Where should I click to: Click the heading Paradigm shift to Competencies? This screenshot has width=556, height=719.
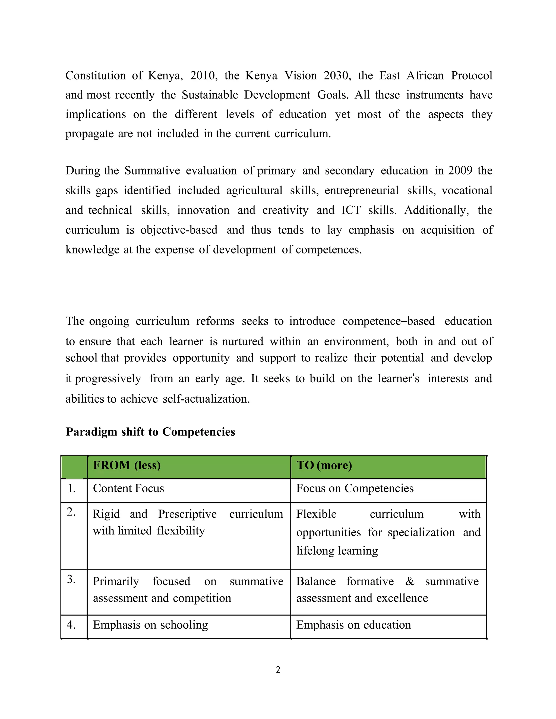point(150,432)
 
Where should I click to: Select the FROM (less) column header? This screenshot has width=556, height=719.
point(127,465)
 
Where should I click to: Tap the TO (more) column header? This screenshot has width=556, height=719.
point(324,465)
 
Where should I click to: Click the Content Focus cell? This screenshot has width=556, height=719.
point(128,488)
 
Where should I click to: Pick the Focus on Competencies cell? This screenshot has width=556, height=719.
point(355,488)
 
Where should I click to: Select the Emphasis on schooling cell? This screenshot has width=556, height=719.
point(150,625)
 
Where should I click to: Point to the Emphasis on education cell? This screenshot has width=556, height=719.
point(353,625)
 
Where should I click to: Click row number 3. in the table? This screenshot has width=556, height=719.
point(71,579)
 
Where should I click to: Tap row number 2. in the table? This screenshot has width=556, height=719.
point(71,512)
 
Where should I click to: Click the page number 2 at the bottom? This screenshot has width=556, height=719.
point(278,670)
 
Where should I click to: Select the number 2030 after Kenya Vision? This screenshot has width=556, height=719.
point(337,75)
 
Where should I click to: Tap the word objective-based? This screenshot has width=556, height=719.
point(179,230)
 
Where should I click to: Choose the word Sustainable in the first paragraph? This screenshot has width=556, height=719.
point(210,95)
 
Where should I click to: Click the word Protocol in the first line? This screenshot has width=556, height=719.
point(471,75)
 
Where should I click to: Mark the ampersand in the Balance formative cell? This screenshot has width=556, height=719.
point(410,581)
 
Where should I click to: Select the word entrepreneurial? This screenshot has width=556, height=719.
point(361,190)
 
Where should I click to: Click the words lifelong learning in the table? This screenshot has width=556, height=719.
point(337,551)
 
